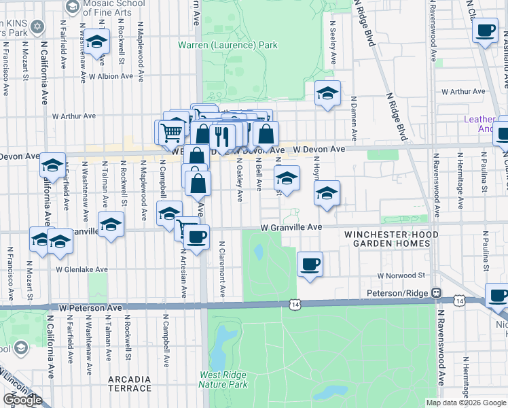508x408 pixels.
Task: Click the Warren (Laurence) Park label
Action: (x=228, y=46)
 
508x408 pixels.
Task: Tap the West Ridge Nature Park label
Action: (x=223, y=379)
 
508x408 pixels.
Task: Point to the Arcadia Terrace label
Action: (x=130, y=384)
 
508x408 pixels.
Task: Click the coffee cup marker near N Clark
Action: (x=486, y=31)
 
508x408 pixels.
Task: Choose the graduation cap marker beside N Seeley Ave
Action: (x=327, y=94)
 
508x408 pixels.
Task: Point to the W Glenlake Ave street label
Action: (x=82, y=269)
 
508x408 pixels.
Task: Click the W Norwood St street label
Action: (x=401, y=276)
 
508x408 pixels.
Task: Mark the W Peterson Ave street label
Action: (x=90, y=308)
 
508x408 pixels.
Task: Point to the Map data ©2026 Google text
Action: (x=466, y=403)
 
